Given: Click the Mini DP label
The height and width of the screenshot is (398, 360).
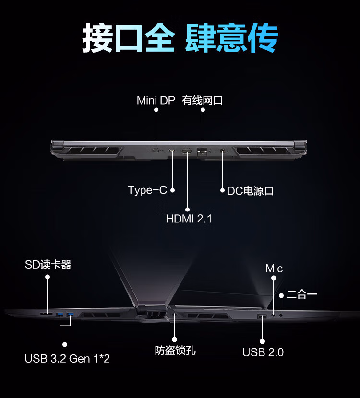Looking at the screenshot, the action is (x=156, y=100).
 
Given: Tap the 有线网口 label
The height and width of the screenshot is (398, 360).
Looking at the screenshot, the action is (x=203, y=100).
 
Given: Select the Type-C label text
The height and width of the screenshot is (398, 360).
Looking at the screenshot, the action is (x=147, y=190).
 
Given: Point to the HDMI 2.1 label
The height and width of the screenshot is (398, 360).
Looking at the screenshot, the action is (x=189, y=219).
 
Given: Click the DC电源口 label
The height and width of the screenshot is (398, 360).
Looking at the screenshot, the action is (x=250, y=191).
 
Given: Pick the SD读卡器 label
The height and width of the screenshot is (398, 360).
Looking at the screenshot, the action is (x=48, y=265).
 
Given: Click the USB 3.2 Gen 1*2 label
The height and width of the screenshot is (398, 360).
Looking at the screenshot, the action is (x=67, y=358).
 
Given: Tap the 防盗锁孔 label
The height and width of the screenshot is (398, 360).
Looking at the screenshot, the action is (x=175, y=351).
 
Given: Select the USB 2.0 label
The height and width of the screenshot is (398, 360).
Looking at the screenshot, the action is (x=263, y=352).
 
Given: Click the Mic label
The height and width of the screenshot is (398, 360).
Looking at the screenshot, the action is (x=274, y=269).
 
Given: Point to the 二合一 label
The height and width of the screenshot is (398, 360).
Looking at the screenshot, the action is (x=302, y=294).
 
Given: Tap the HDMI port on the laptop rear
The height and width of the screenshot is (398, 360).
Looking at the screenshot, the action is (x=187, y=152).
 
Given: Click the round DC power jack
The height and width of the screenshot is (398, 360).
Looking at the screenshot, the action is (x=223, y=152).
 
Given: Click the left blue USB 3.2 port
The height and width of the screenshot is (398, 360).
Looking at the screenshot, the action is (x=60, y=315).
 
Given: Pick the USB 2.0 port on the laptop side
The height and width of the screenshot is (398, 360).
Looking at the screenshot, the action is (x=262, y=316).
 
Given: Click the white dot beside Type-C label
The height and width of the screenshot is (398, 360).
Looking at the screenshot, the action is (x=172, y=190).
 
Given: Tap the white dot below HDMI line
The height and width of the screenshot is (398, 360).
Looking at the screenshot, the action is (x=187, y=209).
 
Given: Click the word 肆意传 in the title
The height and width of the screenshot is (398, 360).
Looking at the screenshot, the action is (x=231, y=38).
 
